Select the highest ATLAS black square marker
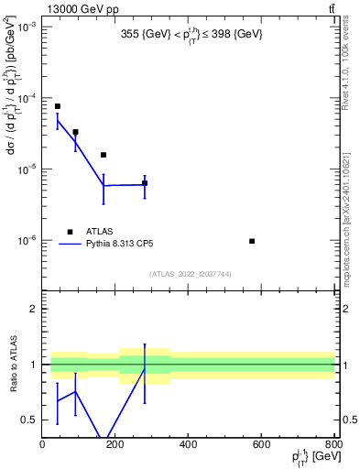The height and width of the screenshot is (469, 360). (57, 106)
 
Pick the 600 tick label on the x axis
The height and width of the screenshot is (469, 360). (261, 444)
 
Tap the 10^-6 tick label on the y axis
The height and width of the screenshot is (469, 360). (25, 241)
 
